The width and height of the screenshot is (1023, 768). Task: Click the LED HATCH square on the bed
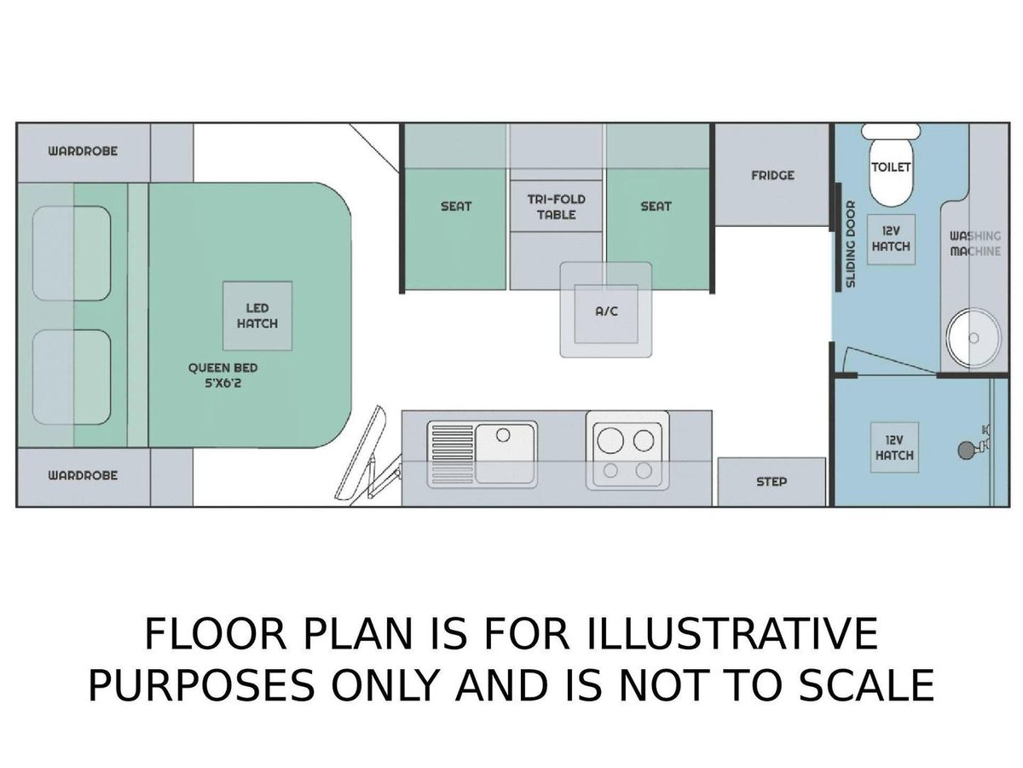pos(257,316)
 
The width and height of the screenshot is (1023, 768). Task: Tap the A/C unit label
pos(606,311)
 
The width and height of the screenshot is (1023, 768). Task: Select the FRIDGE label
pos(772,175)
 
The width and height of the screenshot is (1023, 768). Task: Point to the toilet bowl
pos(891,172)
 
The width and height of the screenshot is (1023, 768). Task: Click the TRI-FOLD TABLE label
pos(556,207)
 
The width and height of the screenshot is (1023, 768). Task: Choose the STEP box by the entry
pos(772,481)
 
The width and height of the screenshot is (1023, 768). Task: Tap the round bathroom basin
pos(974,337)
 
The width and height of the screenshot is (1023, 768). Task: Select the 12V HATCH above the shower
pos(894,447)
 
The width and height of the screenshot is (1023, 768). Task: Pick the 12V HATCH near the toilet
pos(891,239)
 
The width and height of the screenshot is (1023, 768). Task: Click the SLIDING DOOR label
pos(850,244)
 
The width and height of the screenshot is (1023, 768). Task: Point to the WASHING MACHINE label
pos(975,243)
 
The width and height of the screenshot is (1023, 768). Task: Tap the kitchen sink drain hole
pos(502,435)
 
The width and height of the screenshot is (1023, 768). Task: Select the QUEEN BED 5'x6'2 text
pos(223,375)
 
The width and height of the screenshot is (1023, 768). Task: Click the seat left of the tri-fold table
pos(455,229)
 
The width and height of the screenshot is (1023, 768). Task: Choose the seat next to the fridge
pos(657,229)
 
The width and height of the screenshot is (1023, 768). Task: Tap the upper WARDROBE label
pos(83,151)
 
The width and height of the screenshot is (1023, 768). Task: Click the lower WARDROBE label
pos(83,475)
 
